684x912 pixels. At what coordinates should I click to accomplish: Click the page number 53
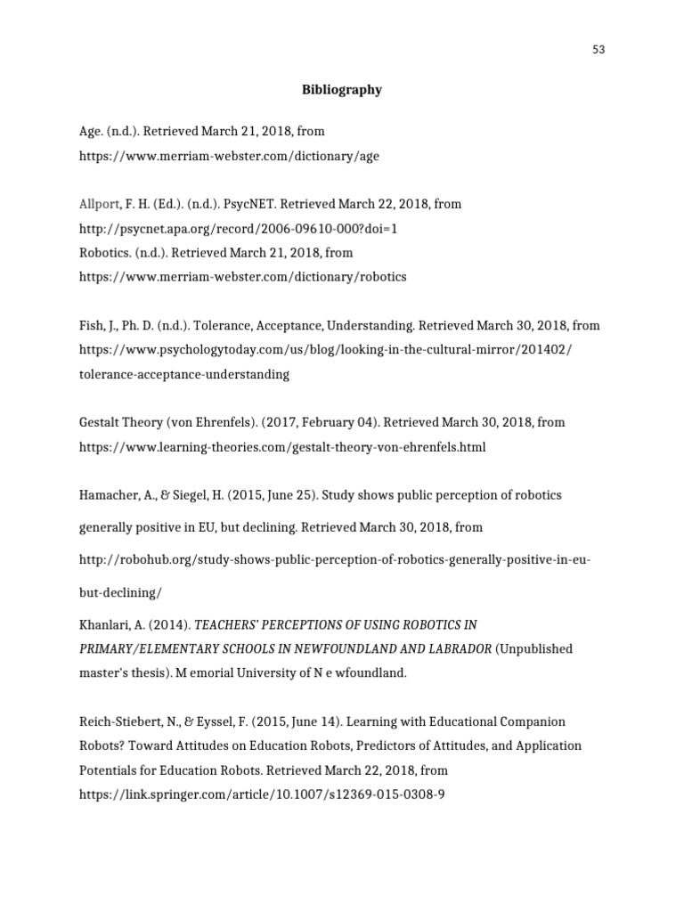598,50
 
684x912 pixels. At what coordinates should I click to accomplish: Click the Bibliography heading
341,90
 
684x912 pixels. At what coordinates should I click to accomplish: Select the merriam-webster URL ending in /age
229,156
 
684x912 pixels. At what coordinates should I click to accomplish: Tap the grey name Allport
99,204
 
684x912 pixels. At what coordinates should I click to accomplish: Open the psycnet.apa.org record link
238,229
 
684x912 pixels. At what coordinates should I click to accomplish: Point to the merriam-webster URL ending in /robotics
242,277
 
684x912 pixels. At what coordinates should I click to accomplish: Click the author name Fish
91,326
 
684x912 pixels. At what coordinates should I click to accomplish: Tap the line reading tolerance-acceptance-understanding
184,375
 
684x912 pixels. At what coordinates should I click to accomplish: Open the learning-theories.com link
282,447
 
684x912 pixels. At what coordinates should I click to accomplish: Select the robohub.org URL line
335,560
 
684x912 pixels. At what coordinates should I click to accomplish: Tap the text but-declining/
121,592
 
